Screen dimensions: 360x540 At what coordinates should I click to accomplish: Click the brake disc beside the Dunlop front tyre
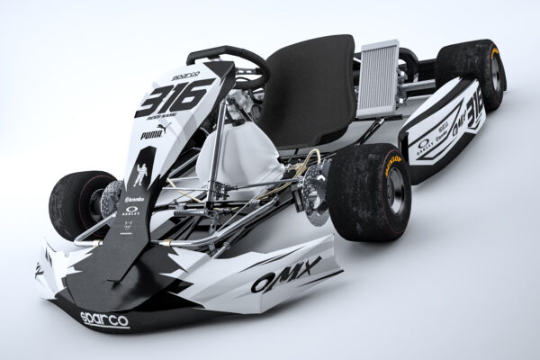coord(319,194)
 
